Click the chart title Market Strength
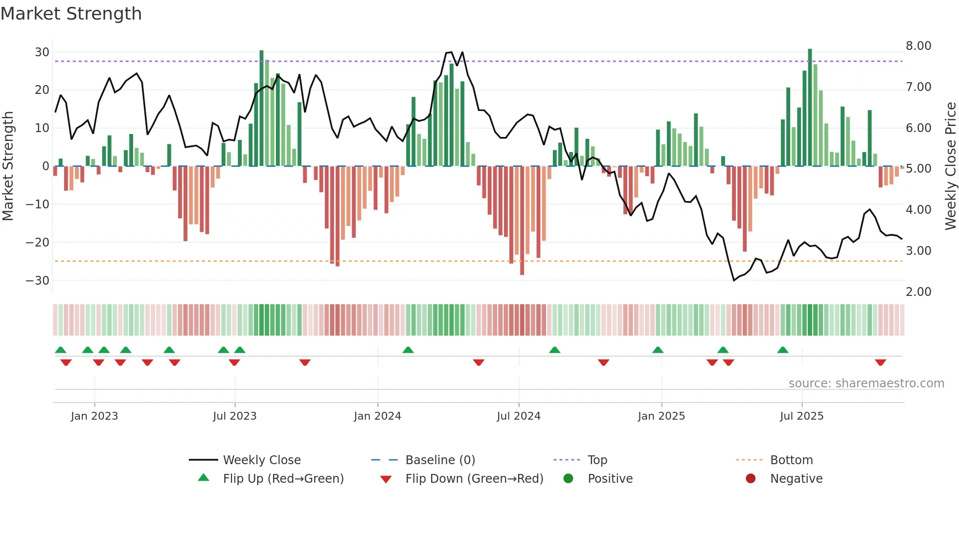coord(71,14)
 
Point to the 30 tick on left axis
coord(42,52)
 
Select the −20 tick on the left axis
coord(38,243)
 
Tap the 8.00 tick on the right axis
coord(918,46)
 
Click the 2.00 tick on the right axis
coord(918,292)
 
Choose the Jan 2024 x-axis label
coord(377,416)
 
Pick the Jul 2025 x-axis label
coord(801,416)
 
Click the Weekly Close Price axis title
coord(950,166)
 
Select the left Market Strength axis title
coord(8,166)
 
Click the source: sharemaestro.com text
coord(866,383)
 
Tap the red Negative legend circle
coord(751,479)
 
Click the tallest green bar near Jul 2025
coord(810,108)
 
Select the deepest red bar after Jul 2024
coord(522,220)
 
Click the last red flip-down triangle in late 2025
coord(881,362)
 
